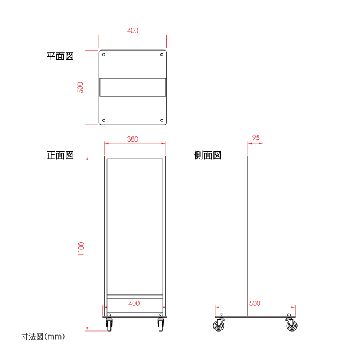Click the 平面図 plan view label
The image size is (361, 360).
60,56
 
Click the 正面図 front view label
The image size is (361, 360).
60,155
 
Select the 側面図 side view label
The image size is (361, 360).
208,155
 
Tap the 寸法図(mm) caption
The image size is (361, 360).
43,337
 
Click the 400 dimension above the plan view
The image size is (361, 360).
133,31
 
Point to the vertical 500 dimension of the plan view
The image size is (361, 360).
80,88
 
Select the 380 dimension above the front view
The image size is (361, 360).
133,139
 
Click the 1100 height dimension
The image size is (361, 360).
81,249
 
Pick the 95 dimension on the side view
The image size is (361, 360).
256,138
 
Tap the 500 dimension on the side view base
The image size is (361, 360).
255,303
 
